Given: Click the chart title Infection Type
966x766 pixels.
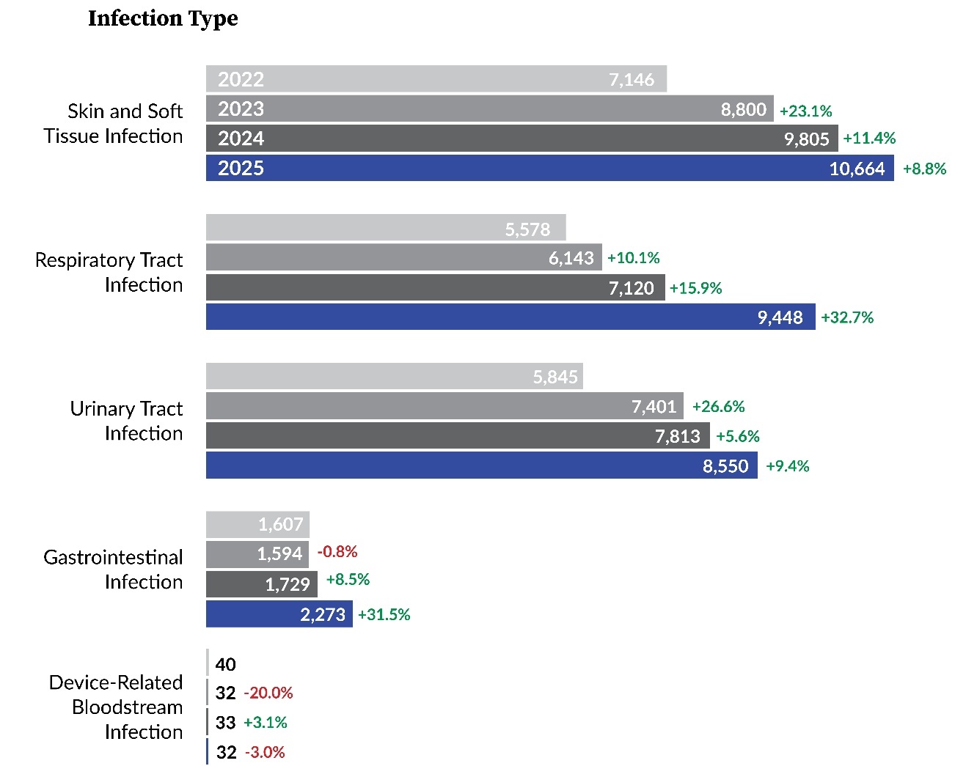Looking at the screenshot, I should pos(163,18).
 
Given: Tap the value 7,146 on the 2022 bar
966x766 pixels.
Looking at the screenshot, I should pos(631,79).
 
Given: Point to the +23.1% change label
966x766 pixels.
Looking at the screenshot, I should pos(805,111).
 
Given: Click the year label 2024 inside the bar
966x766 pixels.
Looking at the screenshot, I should pos(241,139).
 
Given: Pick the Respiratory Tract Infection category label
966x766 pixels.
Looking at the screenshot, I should pos(109,272).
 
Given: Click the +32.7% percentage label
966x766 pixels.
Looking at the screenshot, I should pos(847,317).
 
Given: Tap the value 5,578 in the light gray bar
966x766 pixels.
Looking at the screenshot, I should pos(527,229).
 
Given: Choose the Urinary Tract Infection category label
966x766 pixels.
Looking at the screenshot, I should pos(126,421).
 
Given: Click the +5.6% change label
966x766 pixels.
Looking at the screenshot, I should pos(737,436).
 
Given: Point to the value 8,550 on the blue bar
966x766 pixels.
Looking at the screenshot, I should pos(725,466).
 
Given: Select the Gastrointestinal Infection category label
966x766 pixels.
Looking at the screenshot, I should pos(113,569).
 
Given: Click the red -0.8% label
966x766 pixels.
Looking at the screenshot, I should pos(337,551).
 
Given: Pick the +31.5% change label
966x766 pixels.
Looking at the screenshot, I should pos(384,614).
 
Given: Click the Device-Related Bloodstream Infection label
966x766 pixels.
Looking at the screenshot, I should pos(116,707).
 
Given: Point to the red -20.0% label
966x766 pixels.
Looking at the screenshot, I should pos(268,693).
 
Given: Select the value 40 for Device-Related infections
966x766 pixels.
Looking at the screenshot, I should pos(225,664).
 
